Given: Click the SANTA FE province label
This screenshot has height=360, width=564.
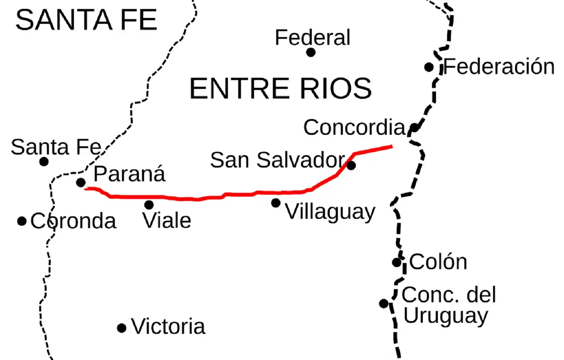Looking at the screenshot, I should pyautogui.click(x=86, y=20).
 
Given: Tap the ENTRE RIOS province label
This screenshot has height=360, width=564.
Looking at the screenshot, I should pyautogui.click(x=280, y=89).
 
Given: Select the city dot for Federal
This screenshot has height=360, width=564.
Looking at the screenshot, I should pyautogui.click(x=311, y=53).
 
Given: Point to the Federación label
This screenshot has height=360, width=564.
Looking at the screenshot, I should pyautogui.click(x=499, y=67).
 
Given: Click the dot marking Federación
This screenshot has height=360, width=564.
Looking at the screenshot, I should pyautogui.click(x=429, y=67).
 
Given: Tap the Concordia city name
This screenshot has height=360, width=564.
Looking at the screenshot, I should pyautogui.click(x=354, y=127).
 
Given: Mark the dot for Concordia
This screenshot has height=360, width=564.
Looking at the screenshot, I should pyautogui.click(x=414, y=128).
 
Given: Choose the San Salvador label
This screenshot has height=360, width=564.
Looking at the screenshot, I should pyautogui.click(x=277, y=160).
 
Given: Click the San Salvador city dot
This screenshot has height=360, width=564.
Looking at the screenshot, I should pyautogui.click(x=351, y=165).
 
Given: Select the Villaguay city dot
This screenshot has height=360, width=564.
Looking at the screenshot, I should pyautogui.click(x=276, y=203).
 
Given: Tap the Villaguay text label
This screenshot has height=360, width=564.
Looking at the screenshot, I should pyautogui.click(x=330, y=212).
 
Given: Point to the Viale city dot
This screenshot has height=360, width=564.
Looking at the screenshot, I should pyautogui.click(x=149, y=205).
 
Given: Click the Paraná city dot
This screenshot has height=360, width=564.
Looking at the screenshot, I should pyautogui.click(x=81, y=183).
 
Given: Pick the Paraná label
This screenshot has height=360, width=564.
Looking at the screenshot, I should pyautogui.click(x=129, y=174).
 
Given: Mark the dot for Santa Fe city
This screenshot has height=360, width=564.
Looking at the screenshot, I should pyautogui.click(x=44, y=162).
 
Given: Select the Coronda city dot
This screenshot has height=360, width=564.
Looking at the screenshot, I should pyautogui.click(x=22, y=221).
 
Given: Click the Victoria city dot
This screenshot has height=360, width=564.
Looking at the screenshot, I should pyautogui.click(x=121, y=328).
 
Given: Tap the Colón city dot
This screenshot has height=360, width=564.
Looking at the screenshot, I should pyautogui.click(x=397, y=262).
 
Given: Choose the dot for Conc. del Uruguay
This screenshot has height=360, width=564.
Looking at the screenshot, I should pyautogui.click(x=384, y=303).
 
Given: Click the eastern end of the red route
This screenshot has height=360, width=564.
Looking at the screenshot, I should pyautogui.click(x=392, y=147).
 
